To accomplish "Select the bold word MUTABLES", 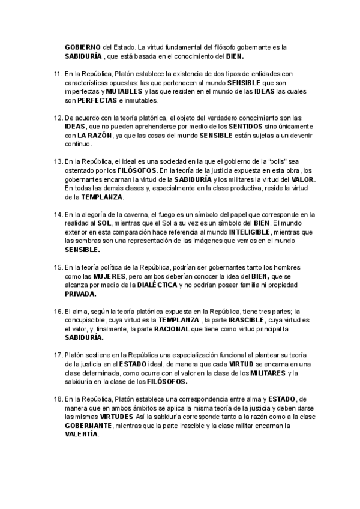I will (124, 91).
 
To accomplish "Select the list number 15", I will (57, 266).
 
